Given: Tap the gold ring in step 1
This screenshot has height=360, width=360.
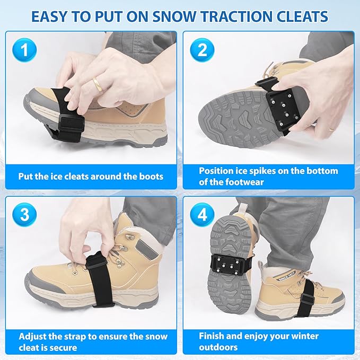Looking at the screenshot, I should click(x=97, y=83).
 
